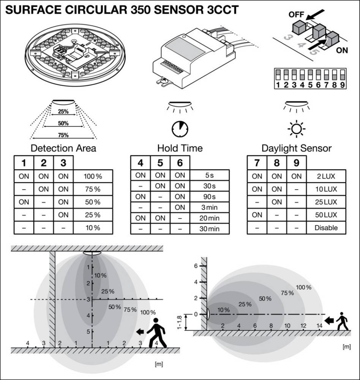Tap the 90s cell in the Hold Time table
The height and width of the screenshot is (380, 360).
(x=210, y=196)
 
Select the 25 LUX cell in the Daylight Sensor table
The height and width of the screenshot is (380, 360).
(x=326, y=202)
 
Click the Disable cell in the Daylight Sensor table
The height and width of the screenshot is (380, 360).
(x=326, y=228)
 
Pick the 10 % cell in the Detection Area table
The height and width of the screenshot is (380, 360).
(x=93, y=228)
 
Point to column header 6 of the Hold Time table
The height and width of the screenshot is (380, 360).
(x=180, y=163)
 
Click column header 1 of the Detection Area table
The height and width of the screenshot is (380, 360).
(x=24, y=163)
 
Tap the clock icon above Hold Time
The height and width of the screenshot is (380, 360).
(x=180, y=129)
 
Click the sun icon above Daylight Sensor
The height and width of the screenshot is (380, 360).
(x=297, y=129)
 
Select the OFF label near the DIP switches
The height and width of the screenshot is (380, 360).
(x=296, y=15)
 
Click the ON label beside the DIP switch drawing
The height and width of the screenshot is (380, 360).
(x=342, y=50)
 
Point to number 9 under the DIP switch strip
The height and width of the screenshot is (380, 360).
(x=342, y=85)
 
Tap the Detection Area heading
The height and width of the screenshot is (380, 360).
(x=63, y=148)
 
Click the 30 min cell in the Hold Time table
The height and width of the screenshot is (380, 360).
(x=210, y=228)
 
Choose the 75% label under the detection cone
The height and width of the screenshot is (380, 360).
(x=63, y=135)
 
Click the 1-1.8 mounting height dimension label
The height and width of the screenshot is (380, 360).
(x=179, y=322)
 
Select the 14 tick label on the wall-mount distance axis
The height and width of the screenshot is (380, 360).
(x=319, y=326)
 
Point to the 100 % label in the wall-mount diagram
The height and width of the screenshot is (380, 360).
(x=303, y=287)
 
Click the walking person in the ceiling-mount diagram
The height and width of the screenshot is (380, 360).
(x=156, y=333)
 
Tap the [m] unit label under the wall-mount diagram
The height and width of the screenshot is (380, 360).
(x=347, y=347)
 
